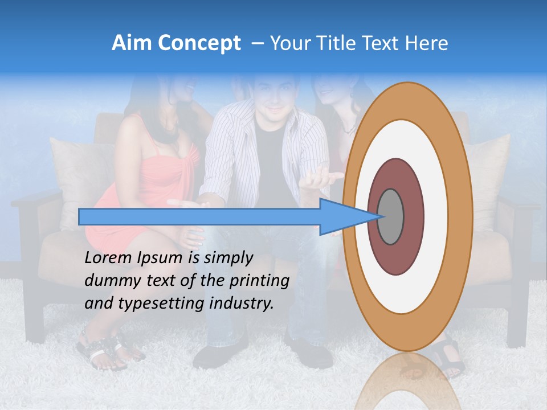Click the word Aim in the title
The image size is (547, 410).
tap(132, 43)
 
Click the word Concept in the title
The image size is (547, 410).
tap(199, 43)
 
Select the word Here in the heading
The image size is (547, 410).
tap(427, 43)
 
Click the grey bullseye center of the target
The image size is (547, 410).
tap(390, 216)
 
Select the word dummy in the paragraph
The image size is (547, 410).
tap(109, 281)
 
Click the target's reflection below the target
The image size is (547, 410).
tap(407, 382)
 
